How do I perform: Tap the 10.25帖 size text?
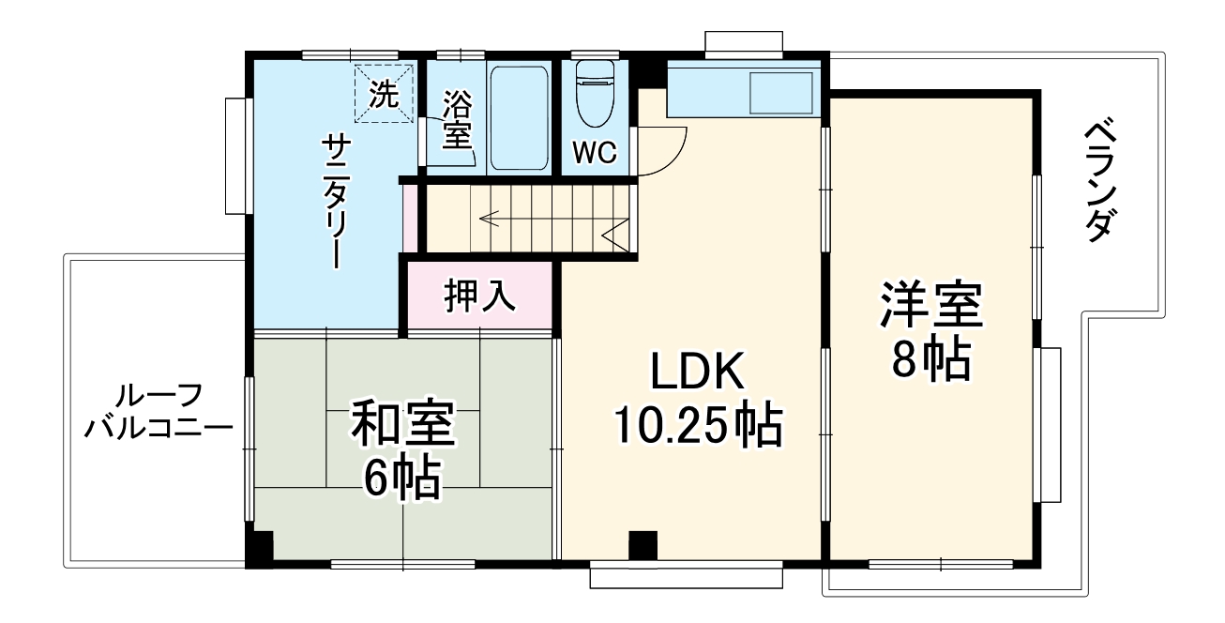pyautogui.click(x=699, y=428)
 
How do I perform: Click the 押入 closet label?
pyautogui.click(x=479, y=296)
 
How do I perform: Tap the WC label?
pyautogui.click(x=595, y=154)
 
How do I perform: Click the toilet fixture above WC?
pyautogui.click(x=594, y=94)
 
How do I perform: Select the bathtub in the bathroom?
pyautogui.click(x=519, y=117)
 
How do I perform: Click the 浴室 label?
pyautogui.click(x=457, y=117)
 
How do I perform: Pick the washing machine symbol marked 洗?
pyautogui.click(x=383, y=92)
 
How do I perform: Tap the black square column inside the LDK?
pyautogui.click(x=643, y=544)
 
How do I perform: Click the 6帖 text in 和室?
pyautogui.click(x=402, y=479)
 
